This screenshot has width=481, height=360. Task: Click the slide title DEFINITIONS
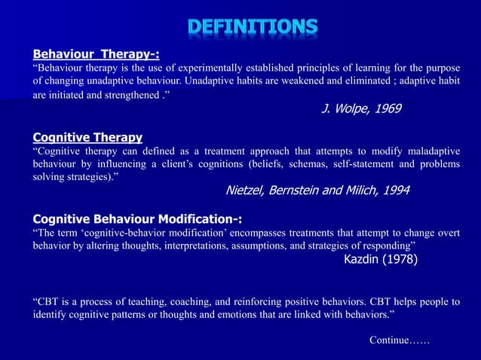(253, 28)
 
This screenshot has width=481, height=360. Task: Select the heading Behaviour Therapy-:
(96, 54)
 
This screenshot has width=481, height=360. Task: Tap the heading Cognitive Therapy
(87, 137)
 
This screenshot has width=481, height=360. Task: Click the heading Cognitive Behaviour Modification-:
(137, 219)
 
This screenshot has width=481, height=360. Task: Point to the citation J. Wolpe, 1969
(361, 108)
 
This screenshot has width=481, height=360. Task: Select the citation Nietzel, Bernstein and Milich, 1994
(317, 191)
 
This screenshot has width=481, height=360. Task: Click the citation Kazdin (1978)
(380, 260)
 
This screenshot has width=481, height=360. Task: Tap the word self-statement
(377, 164)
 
